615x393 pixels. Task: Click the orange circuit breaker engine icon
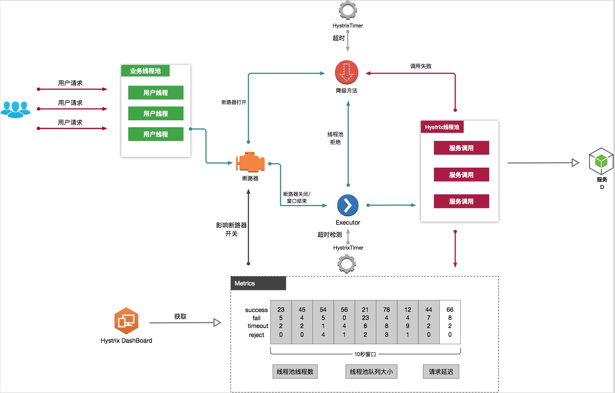pos(250,162)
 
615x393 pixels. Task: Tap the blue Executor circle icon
pos(348,205)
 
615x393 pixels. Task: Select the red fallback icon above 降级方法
pos(347,72)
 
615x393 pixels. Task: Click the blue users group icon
pos(15,109)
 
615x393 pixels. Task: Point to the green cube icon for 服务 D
pos(601,161)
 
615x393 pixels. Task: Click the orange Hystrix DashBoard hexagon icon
pos(126,321)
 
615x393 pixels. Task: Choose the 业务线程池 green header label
pos(145,71)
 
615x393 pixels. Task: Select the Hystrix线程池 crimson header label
pos(442,127)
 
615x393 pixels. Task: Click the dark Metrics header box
pos(258,283)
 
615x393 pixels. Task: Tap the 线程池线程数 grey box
pos(295,371)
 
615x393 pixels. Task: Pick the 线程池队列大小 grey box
pos(371,371)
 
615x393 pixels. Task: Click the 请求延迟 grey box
pos(441,371)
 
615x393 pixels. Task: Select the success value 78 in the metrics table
pos(386,310)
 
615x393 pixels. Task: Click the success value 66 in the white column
pos(450,310)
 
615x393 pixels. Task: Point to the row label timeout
pos(258,326)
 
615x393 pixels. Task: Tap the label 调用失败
pos(421,66)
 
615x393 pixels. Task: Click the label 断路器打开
pos(234,102)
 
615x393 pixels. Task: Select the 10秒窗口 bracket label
pos(365,354)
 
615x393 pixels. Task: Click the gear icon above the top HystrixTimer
pos(348,10)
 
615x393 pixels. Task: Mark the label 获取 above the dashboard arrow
pos(180,316)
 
